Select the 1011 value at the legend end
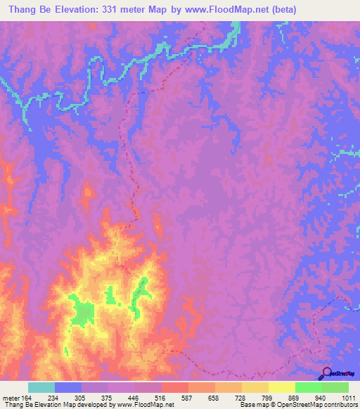tap(349, 398)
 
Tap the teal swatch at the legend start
tap(41, 387)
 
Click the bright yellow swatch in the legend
tap(282, 387)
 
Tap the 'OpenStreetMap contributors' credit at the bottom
tap(321, 405)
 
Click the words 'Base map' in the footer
tap(253, 405)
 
